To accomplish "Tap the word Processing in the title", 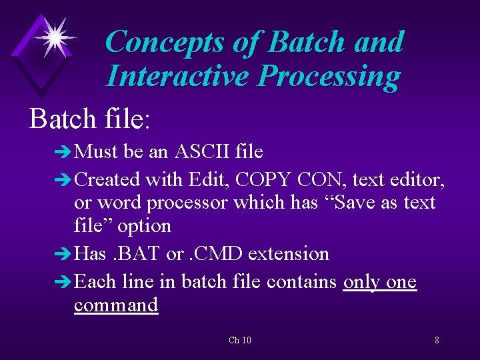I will tap(329, 77).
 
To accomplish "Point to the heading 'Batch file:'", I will tap(91, 119).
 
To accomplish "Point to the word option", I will tap(144, 226).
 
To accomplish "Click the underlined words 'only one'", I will tap(379, 282).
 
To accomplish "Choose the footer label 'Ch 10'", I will tap(239, 341).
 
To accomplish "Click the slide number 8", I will tap(437, 341).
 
